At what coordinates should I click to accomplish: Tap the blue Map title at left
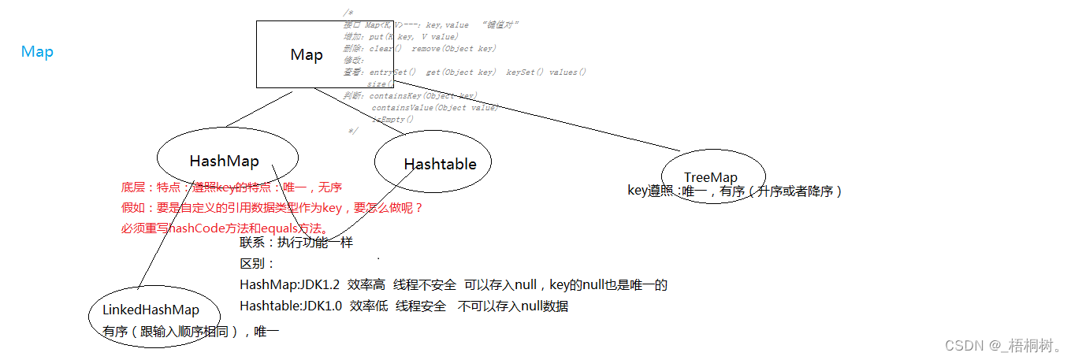[x=37, y=52]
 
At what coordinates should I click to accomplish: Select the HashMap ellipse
[x=225, y=161]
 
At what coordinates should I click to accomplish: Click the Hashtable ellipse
[x=440, y=164]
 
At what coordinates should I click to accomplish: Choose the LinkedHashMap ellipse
[x=151, y=310]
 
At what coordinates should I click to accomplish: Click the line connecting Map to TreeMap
[x=567, y=125]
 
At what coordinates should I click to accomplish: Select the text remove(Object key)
[x=453, y=48]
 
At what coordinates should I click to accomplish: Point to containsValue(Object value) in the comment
[x=435, y=107]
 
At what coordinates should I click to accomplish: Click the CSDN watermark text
[x=1002, y=345]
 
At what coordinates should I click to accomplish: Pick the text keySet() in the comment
[x=524, y=72]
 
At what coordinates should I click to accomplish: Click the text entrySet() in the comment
[x=392, y=72]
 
